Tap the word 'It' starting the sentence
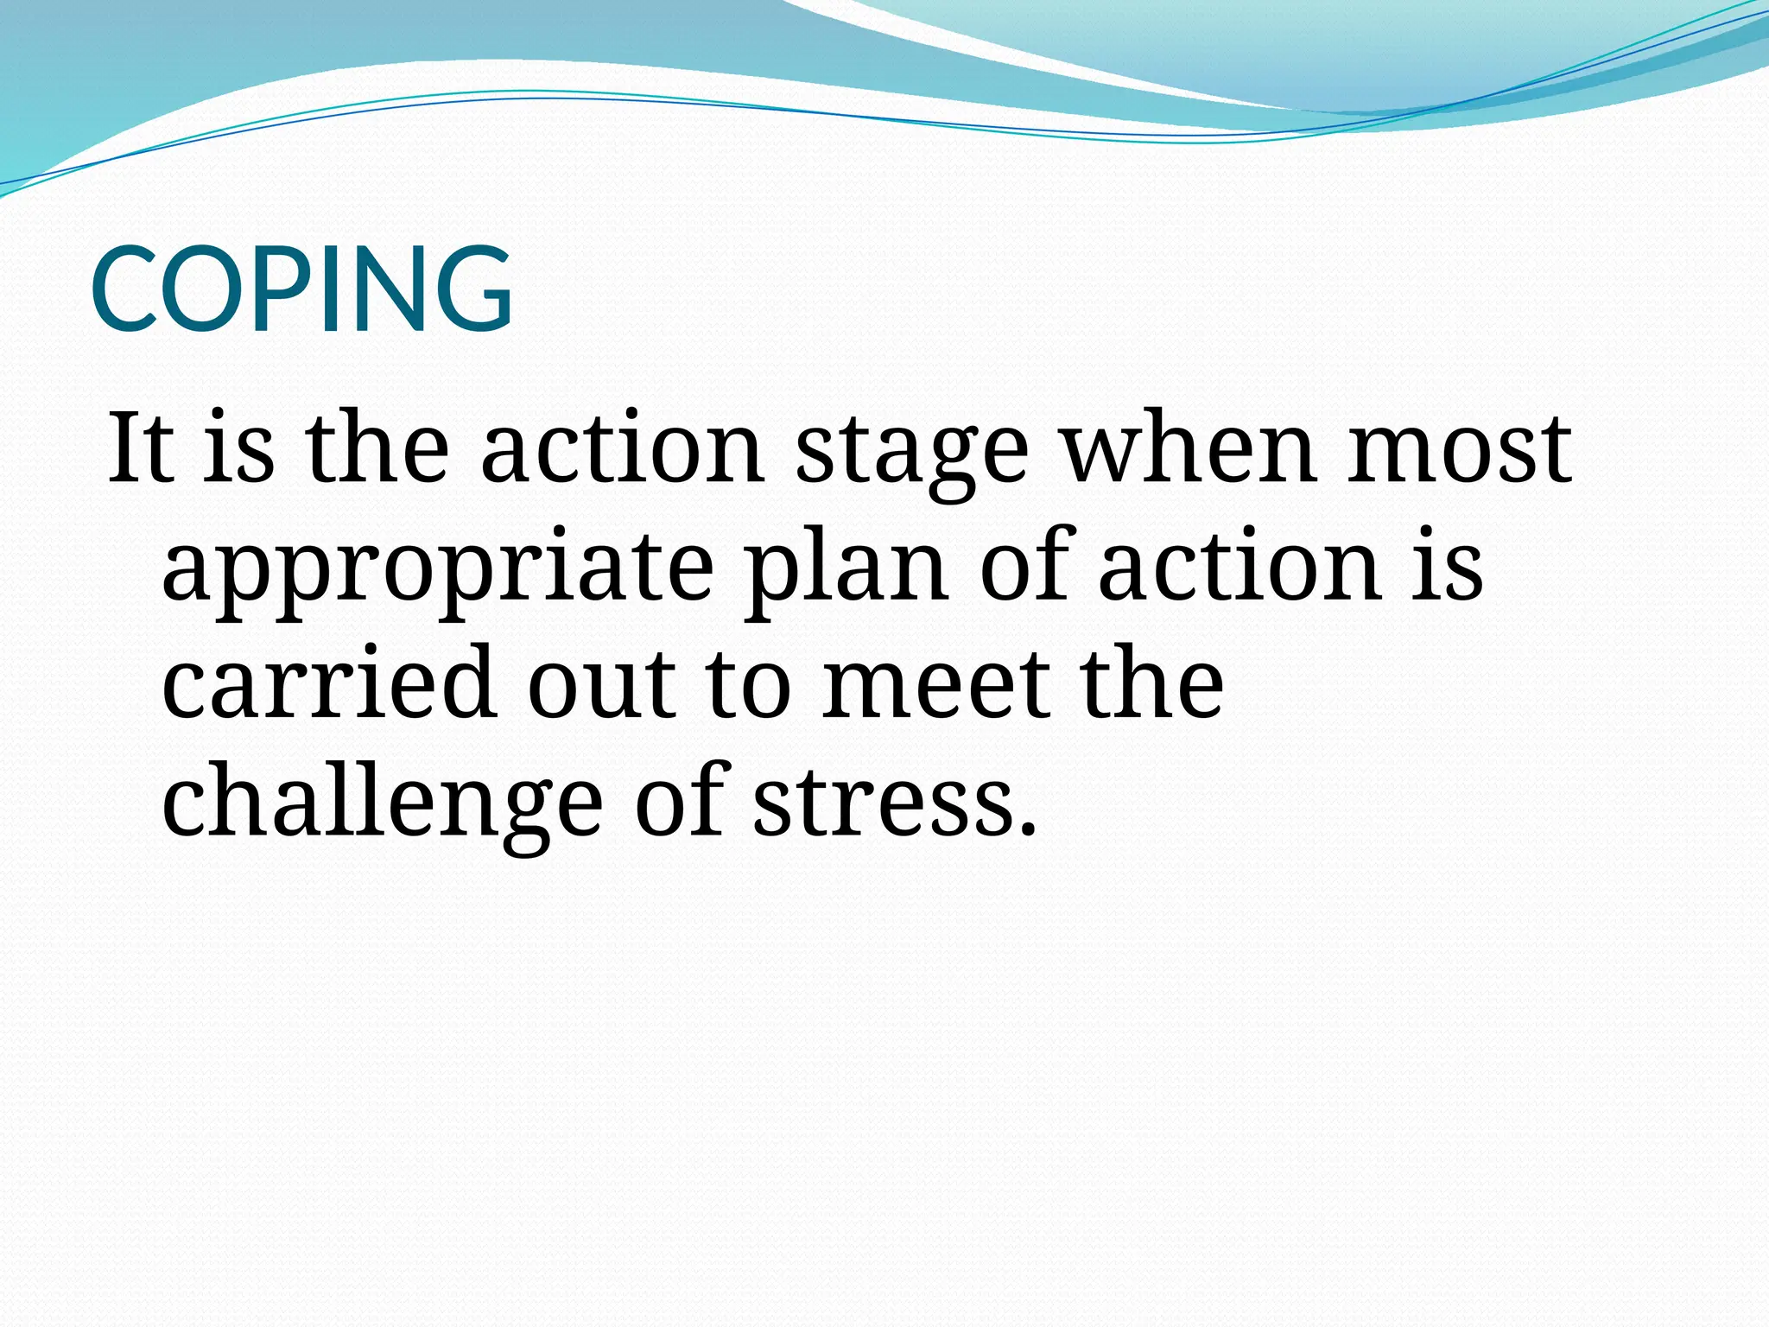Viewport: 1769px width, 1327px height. click(x=138, y=448)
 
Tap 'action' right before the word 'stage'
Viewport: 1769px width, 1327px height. click(x=622, y=448)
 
